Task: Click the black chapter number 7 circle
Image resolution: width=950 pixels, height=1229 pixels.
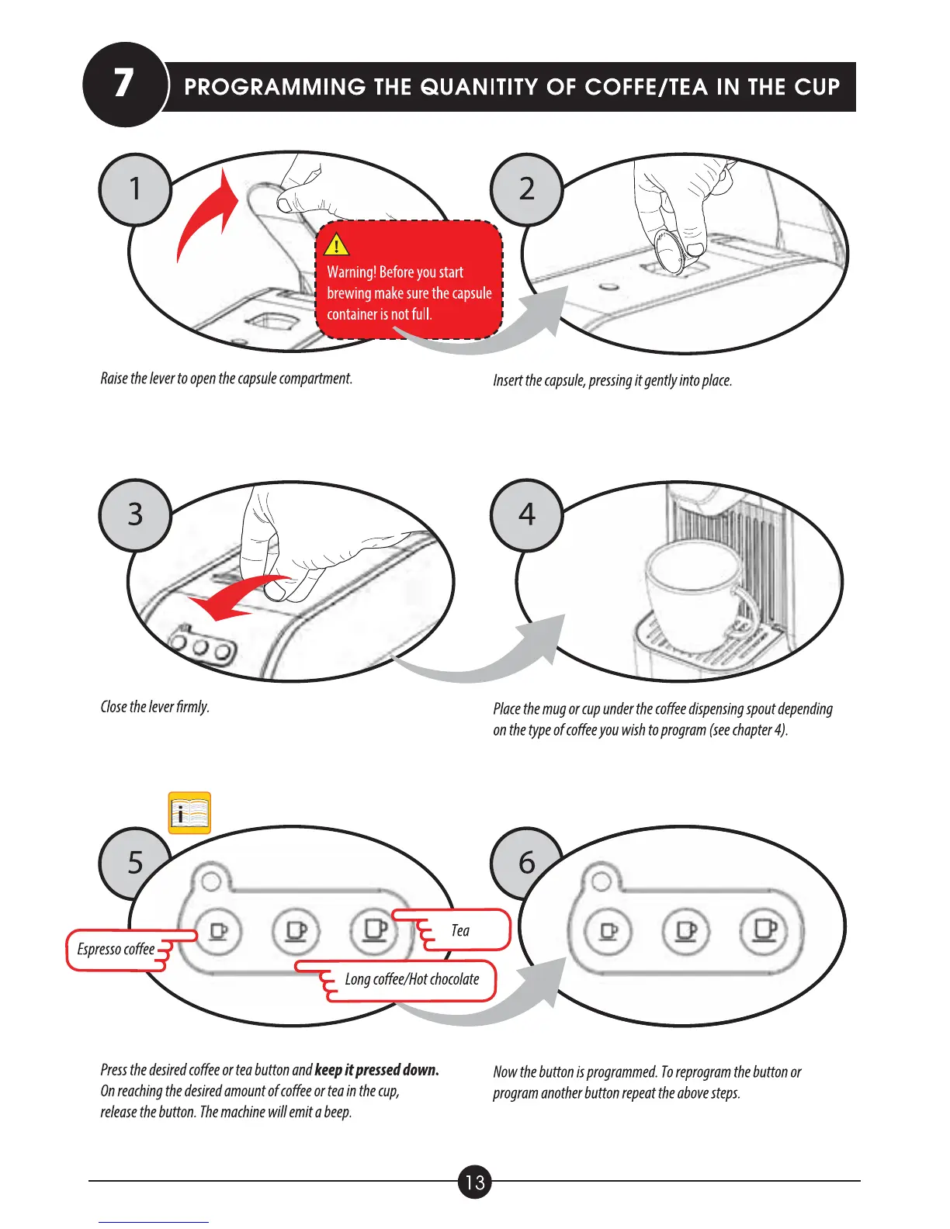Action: (124, 84)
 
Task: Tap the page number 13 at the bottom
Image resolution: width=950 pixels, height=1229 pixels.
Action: (475, 1182)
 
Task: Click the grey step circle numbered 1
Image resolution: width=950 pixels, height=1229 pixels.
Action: (135, 189)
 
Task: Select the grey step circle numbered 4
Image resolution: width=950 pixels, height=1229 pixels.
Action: (527, 515)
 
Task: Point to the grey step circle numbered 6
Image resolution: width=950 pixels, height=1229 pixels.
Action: (527, 862)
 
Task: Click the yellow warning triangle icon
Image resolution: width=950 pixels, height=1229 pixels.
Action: (337, 245)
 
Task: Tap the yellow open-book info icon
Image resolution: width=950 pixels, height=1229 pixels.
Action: (189, 813)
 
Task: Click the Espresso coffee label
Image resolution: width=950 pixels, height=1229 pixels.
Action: (116, 950)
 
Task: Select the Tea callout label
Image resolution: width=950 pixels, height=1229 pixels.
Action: (460, 930)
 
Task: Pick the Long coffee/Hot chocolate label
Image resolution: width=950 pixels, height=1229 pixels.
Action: (412, 979)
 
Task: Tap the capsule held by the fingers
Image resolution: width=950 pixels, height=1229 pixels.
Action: (671, 251)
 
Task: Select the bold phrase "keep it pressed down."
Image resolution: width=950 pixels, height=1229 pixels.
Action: (376, 1070)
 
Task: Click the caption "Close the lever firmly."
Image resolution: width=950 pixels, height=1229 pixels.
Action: (155, 707)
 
